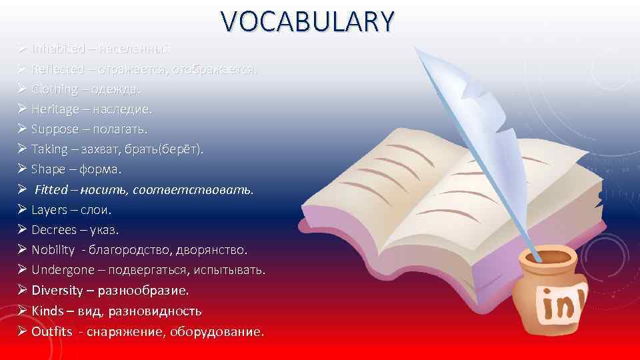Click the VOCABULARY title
tap(309, 22)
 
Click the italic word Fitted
tap(51, 189)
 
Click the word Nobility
tap(53, 250)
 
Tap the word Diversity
tap(57, 291)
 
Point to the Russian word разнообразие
tap(143, 291)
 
